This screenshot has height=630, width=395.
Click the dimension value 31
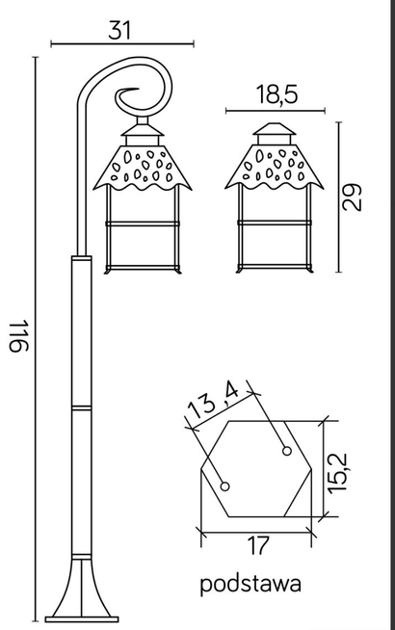119,29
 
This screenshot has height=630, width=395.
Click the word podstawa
251,583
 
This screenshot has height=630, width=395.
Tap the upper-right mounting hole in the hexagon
286,450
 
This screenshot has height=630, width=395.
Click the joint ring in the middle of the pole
81,410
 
